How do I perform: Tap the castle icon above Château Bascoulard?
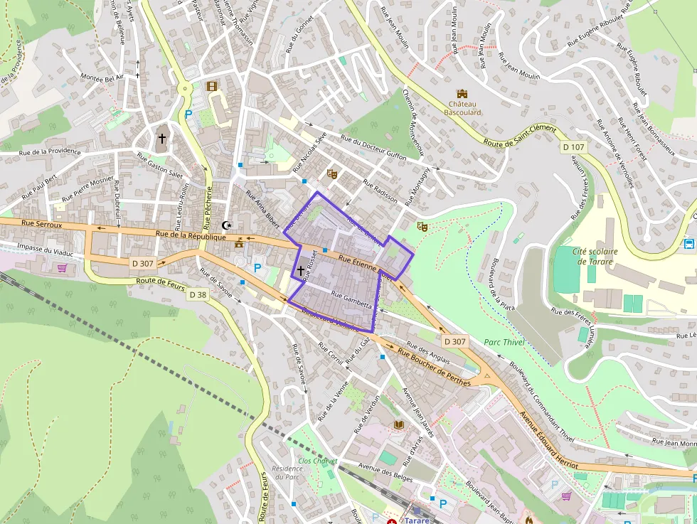pyautogui.click(x=462, y=93)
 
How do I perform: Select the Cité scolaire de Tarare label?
pyautogui.click(x=595, y=255)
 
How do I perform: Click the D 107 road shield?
pyautogui.click(x=573, y=147)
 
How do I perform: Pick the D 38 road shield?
pyautogui.click(x=198, y=294)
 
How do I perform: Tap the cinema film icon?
pyautogui.click(x=211, y=86)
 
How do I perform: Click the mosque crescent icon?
pyautogui.click(x=227, y=225)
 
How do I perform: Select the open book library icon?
pyautogui.click(x=398, y=424)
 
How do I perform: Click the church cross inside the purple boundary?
pyautogui.click(x=301, y=270)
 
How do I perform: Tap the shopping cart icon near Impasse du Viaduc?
pyautogui.click(x=62, y=268)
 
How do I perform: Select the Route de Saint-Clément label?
pyautogui.click(x=519, y=135)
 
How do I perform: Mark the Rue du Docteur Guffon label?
pyautogui.click(x=373, y=147)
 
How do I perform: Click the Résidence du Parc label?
pyautogui.click(x=287, y=472)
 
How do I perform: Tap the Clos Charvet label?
pyautogui.click(x=317, y=461)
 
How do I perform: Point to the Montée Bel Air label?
pyautogui.click(x=102, y=77)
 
